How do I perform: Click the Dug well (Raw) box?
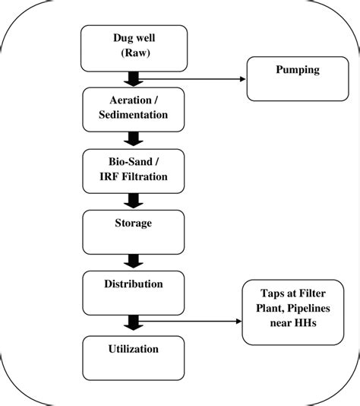133,48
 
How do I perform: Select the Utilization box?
132,358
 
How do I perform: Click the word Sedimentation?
134,115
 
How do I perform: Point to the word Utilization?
132,349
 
